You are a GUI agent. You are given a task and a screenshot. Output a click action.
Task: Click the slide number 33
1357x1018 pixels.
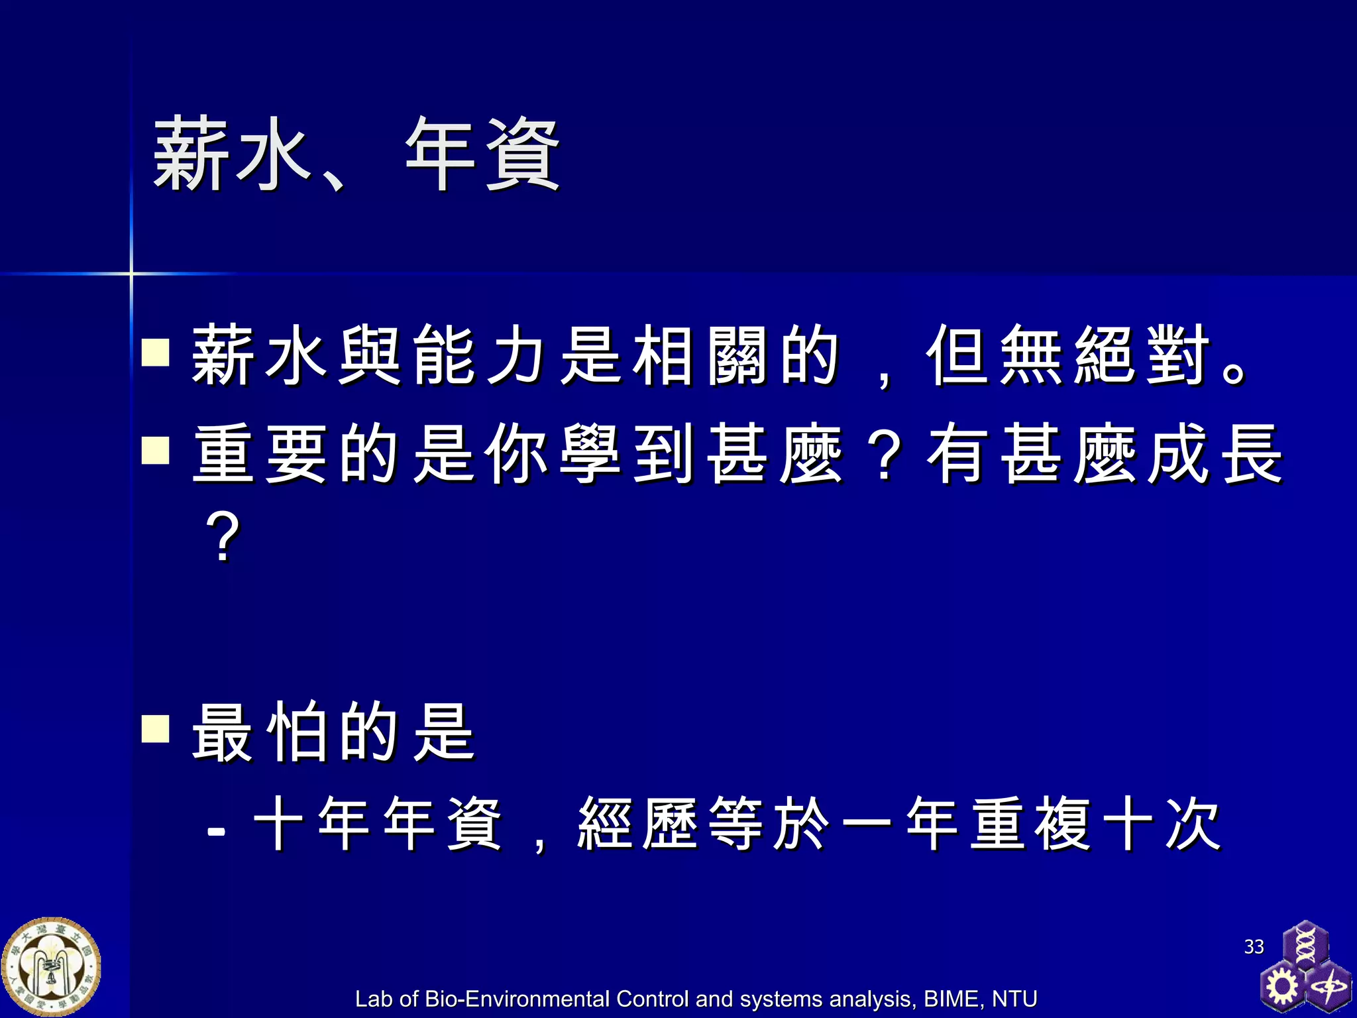(x=1254, y=946)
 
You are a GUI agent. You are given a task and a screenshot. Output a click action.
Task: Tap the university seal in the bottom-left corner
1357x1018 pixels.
(x=51, y=966)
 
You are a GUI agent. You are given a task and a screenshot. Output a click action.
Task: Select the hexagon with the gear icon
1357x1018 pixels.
(x=1283, y=987)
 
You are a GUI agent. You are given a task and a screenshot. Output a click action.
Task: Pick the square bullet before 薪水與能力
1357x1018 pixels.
(x=156, y=352)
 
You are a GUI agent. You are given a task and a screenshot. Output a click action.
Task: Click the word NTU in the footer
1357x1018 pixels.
(x=1014, y=999)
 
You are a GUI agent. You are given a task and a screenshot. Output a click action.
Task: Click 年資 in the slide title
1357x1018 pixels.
(x=483, y=154)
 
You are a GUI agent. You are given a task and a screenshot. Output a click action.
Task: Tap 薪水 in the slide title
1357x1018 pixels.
(x=232, y=154)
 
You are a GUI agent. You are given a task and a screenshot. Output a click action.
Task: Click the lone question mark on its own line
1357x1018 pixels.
(x=223, y=537)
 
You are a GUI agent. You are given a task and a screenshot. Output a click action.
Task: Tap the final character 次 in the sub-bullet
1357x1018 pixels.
(x=1193, y=824)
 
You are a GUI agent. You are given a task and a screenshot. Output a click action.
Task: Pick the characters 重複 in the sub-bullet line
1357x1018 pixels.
(x=1030, y=824)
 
